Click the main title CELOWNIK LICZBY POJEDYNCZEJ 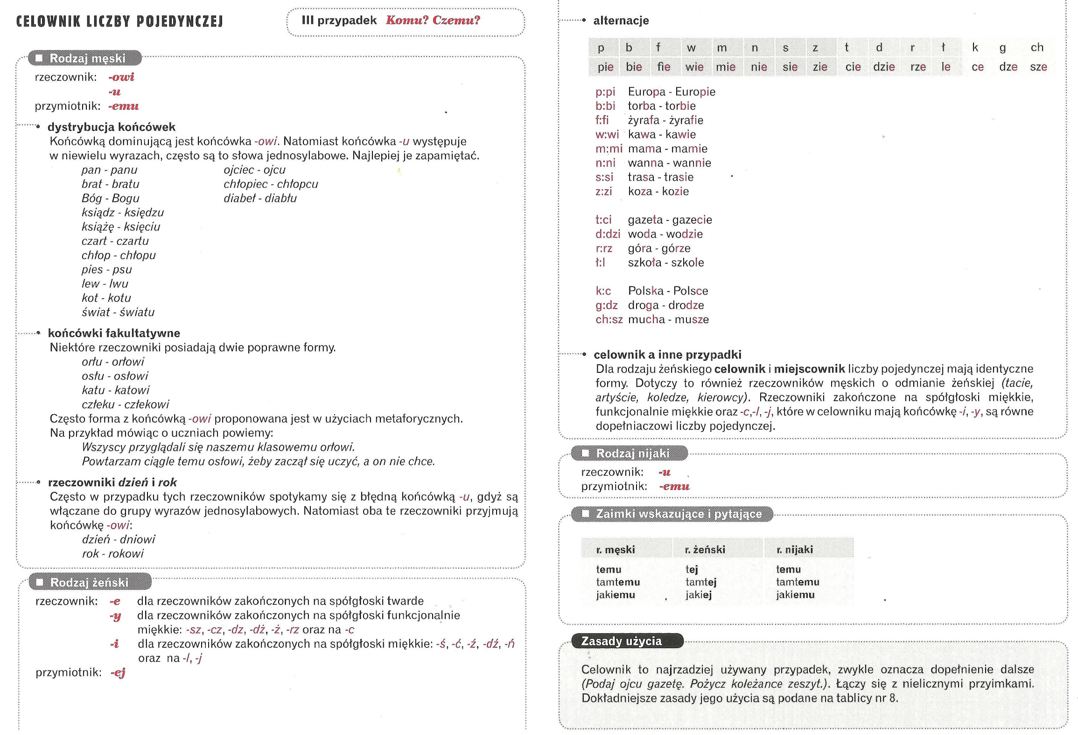coord(119,21)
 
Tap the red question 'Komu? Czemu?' coord(433,21)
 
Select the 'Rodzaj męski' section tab coord(87,58)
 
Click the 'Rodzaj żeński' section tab coord(89,582)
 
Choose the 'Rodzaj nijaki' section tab coord(632,453)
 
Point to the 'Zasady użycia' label coord(621,641)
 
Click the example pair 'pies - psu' coord(106,269)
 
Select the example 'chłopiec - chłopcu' coord(271,184)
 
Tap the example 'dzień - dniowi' coord(119,539)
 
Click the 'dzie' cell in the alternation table coord(884,67)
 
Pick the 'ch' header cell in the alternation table coord(1037,47)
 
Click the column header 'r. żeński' coord(705,550)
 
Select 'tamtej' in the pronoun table coord(701,582)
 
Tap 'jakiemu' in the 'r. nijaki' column coord(795,594)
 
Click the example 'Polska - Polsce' coord(668,291)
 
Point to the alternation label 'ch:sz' coord(609,319)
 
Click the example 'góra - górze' coord(659,248)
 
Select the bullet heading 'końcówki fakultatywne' coord(114,333)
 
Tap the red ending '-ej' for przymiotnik coord(118,673)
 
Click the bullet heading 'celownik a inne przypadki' coord(667,354)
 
